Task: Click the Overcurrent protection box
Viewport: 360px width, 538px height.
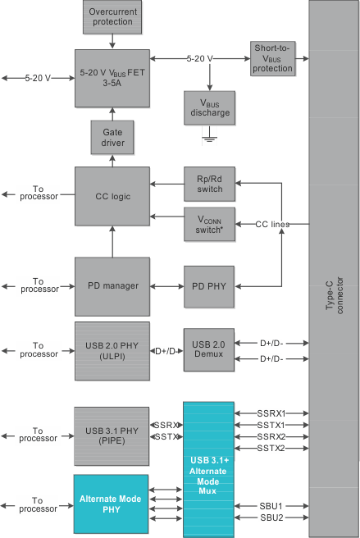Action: coord(112,16)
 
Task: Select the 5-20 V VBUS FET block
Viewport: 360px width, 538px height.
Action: coord(112,78)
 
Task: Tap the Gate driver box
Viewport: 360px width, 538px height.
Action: coord(112,137)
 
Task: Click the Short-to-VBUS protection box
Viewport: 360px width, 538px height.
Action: coord(272,58)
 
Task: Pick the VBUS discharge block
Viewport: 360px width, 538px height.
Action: coord(209,107)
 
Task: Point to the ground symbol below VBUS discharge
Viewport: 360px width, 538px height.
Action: coord(209,139)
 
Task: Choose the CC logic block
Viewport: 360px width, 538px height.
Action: coord(112,195)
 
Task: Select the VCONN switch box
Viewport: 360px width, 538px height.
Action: coord(208,224)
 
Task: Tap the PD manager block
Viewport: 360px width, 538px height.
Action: coord(112,286)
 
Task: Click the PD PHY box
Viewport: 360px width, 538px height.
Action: coord(208,286)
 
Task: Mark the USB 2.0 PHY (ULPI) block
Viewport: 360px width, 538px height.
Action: coord(112,350)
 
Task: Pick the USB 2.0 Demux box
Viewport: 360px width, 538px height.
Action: coord(208,350)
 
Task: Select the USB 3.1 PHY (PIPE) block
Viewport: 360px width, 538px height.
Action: coord(112,431)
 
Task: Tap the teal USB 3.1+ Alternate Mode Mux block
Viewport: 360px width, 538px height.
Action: coord(208,469)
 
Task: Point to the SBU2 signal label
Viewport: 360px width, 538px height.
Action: coord(271,517)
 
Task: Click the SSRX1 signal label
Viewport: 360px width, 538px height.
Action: coord(271,413)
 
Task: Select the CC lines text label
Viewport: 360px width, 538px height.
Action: coord(273,224)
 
